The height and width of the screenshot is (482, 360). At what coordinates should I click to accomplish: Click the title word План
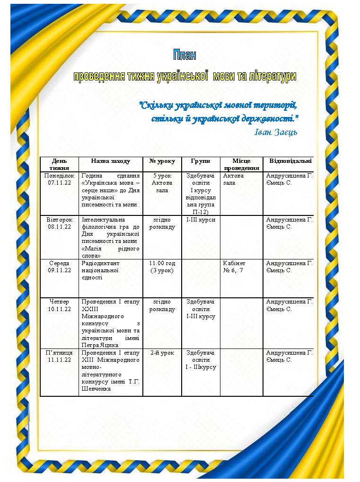(184, 55)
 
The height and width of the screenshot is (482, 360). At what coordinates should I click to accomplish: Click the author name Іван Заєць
(276, 132)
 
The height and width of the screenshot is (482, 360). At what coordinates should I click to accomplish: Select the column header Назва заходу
(110, 161)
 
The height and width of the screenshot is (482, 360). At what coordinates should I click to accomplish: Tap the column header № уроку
(162, 161)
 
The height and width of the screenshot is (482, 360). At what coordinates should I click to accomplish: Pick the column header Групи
(201, 161)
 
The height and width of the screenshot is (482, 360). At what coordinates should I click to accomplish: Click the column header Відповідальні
(290, 161)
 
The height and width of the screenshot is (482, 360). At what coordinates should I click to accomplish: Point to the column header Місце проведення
(241, 164)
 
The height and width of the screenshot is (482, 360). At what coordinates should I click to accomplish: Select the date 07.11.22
(59, 182)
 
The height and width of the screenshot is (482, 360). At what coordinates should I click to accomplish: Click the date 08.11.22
(59, 227)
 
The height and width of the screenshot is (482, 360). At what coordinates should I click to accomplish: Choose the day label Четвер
(59, 302)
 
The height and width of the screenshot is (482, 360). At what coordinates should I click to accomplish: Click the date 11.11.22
(59, 360)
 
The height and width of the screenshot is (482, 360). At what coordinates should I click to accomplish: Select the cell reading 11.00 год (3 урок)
(162, 267)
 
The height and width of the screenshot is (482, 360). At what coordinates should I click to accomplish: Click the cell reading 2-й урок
(162, 353)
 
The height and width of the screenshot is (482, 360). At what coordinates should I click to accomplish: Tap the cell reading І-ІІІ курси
(201, 220)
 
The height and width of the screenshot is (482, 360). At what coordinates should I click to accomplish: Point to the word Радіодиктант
(101, 263)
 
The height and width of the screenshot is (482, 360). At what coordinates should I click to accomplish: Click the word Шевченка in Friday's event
(97, 389)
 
